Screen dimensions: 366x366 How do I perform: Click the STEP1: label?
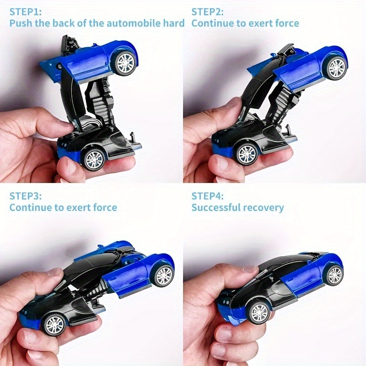(x=26, y=12)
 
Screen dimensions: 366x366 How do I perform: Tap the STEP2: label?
(x=208, y=12)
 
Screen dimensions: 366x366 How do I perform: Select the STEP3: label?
(x=26, y=196)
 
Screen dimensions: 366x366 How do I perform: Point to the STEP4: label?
(x=208, y=196)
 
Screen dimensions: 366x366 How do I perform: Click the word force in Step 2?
(x=287, y=23)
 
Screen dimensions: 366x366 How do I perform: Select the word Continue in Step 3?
(x=31, y=207)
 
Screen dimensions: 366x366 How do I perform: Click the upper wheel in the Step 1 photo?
(x=125, y=63)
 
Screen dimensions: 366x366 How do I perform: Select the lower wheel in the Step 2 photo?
(x=247, y=154)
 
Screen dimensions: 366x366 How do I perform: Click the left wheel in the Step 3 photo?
(x=54, y=325)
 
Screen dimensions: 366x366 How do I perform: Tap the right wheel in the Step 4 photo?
(x=334, y=275)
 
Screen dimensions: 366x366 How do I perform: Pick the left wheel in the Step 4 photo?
(x=259, y=313)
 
